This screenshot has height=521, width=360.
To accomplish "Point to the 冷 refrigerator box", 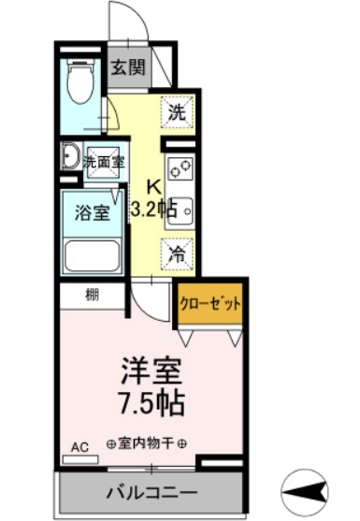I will (176, 252).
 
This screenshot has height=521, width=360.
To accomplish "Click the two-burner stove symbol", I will (179, 170).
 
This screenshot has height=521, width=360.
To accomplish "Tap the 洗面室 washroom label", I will (103, 161).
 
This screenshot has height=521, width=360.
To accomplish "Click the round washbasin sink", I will (69, 156).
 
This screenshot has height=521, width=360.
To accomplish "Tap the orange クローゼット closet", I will (210, 304).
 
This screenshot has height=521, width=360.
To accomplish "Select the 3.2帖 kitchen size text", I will (153, 210).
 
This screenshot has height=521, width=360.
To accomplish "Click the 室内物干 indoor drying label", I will (146, 443).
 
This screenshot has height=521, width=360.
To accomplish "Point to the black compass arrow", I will (309, 487).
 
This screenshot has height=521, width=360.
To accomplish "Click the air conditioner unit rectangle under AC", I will (83, 459).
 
